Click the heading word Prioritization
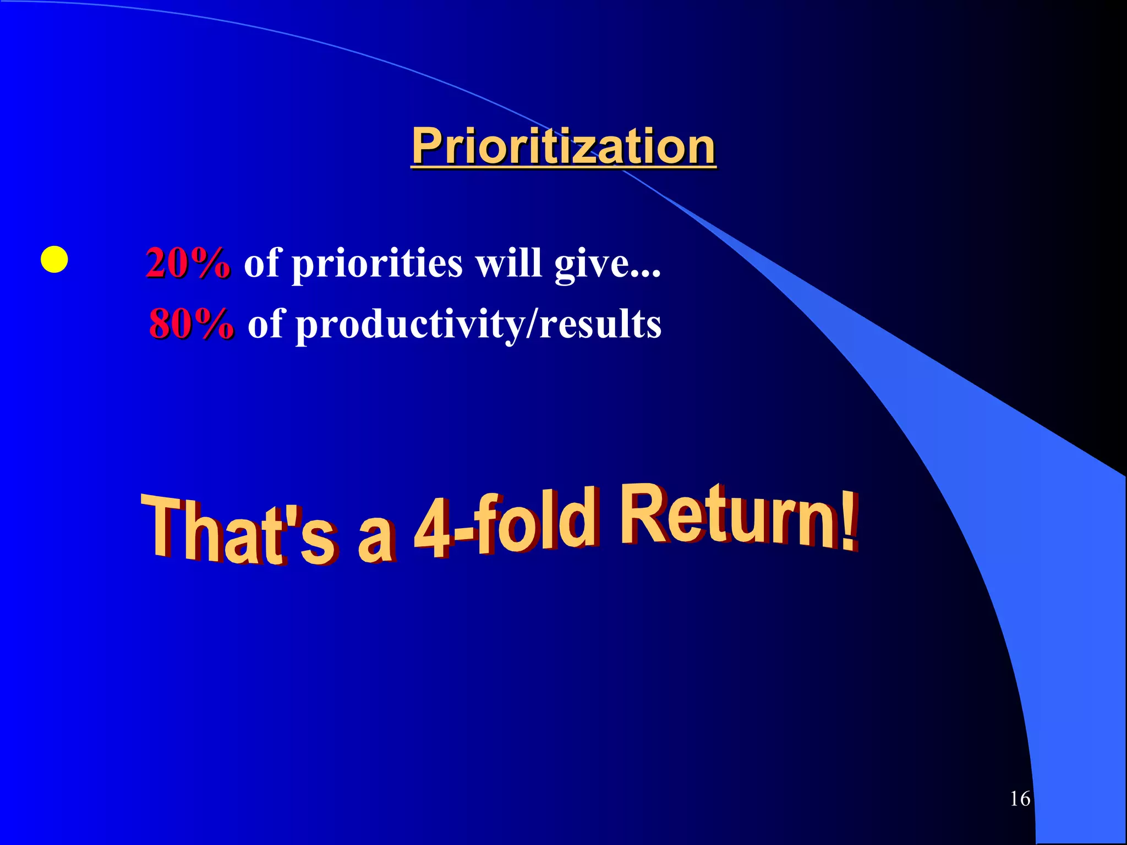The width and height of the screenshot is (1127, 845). [563, 146]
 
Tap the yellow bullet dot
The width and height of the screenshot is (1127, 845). [54, 260]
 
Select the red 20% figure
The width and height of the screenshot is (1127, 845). [188, 263]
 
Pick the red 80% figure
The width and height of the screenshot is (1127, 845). [192, 323]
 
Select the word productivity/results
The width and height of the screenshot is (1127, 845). [478, 325]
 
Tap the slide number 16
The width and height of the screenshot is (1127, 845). [1020, 798]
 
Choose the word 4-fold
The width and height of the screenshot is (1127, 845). [504, 523]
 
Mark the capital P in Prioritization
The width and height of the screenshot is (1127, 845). [428, 146]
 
